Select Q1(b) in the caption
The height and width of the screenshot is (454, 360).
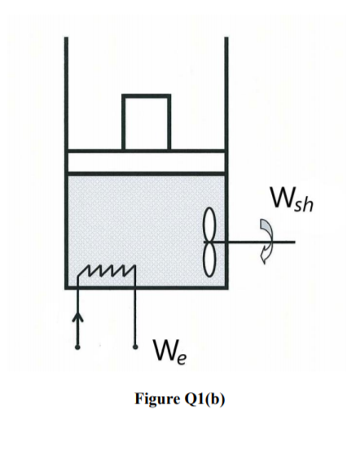204,399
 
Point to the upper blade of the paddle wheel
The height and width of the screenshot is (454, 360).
210,224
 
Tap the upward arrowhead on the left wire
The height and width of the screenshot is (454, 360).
77,316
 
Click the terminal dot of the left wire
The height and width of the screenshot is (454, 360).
77,347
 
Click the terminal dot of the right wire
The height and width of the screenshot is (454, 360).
135,347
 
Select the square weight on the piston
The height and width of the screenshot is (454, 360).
147,122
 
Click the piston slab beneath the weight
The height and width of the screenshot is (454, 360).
146,162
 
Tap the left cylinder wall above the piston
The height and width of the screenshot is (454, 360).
66,94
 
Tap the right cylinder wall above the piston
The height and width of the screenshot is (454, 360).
226,94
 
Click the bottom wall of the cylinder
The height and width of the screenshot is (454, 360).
147,287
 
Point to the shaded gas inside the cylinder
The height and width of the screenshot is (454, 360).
139,226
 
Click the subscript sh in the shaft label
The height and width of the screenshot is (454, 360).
305,204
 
